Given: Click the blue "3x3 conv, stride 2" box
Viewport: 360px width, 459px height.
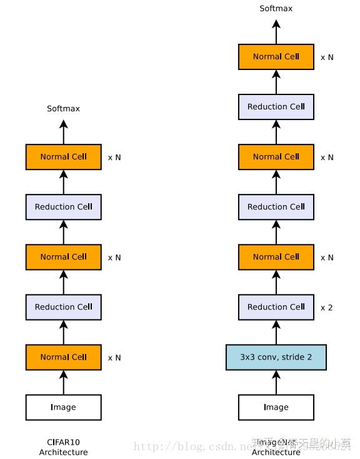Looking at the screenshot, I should tap(276, 357).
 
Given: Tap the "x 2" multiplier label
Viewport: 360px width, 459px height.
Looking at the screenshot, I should tap(326, 307).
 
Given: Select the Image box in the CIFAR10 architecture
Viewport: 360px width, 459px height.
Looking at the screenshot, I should tap(63, 407).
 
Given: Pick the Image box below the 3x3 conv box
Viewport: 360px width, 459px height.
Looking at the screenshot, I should tap(276, 407).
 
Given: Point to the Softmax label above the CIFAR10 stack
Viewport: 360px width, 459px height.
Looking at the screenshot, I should tap(63, 109).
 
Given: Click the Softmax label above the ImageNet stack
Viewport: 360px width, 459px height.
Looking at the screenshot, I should tap(276, 9).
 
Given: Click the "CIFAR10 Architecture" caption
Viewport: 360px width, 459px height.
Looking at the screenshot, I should tap(63, 447).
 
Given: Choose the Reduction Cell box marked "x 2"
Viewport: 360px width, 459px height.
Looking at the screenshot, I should tap(276, 307).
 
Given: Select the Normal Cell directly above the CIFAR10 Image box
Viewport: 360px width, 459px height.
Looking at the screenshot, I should tap(63, 357).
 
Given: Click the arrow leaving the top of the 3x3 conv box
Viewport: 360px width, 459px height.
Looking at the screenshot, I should tap(276, 332).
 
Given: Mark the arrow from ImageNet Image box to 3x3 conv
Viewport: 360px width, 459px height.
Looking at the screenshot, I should tap(276, 382).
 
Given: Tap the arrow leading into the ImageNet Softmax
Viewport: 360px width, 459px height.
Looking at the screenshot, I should tap(276, 31).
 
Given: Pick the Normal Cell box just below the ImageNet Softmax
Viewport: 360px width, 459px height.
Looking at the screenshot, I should tap(276, 57).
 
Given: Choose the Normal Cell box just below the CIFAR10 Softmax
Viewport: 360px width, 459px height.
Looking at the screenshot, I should tap(63, 157).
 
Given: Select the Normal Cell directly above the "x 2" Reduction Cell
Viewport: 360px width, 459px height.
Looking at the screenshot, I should tap(276, 257).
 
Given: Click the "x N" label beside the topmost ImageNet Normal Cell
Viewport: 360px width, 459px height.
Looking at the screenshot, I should tap(326, 57).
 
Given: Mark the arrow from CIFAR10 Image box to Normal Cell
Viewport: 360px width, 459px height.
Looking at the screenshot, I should tap(63, 382).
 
